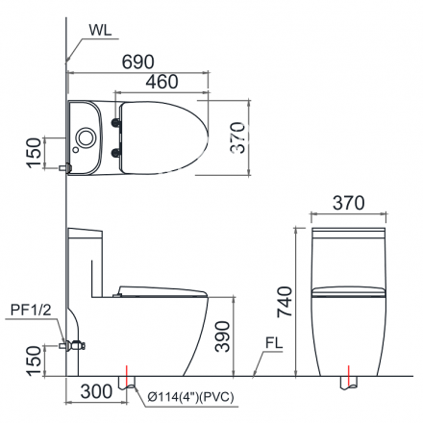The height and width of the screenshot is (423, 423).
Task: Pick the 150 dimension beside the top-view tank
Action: click(x=34, y=151)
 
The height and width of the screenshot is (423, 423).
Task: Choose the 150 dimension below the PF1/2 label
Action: click(x=34, y=361)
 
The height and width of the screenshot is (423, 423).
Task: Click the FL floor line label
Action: click(x=274, y=342)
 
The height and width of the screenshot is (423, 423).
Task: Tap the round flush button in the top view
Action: click(x=86, y=137)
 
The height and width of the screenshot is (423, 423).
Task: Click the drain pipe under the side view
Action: click(x=126, y=382)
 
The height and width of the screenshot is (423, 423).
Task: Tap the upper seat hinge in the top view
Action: click(x=119, y=120)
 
